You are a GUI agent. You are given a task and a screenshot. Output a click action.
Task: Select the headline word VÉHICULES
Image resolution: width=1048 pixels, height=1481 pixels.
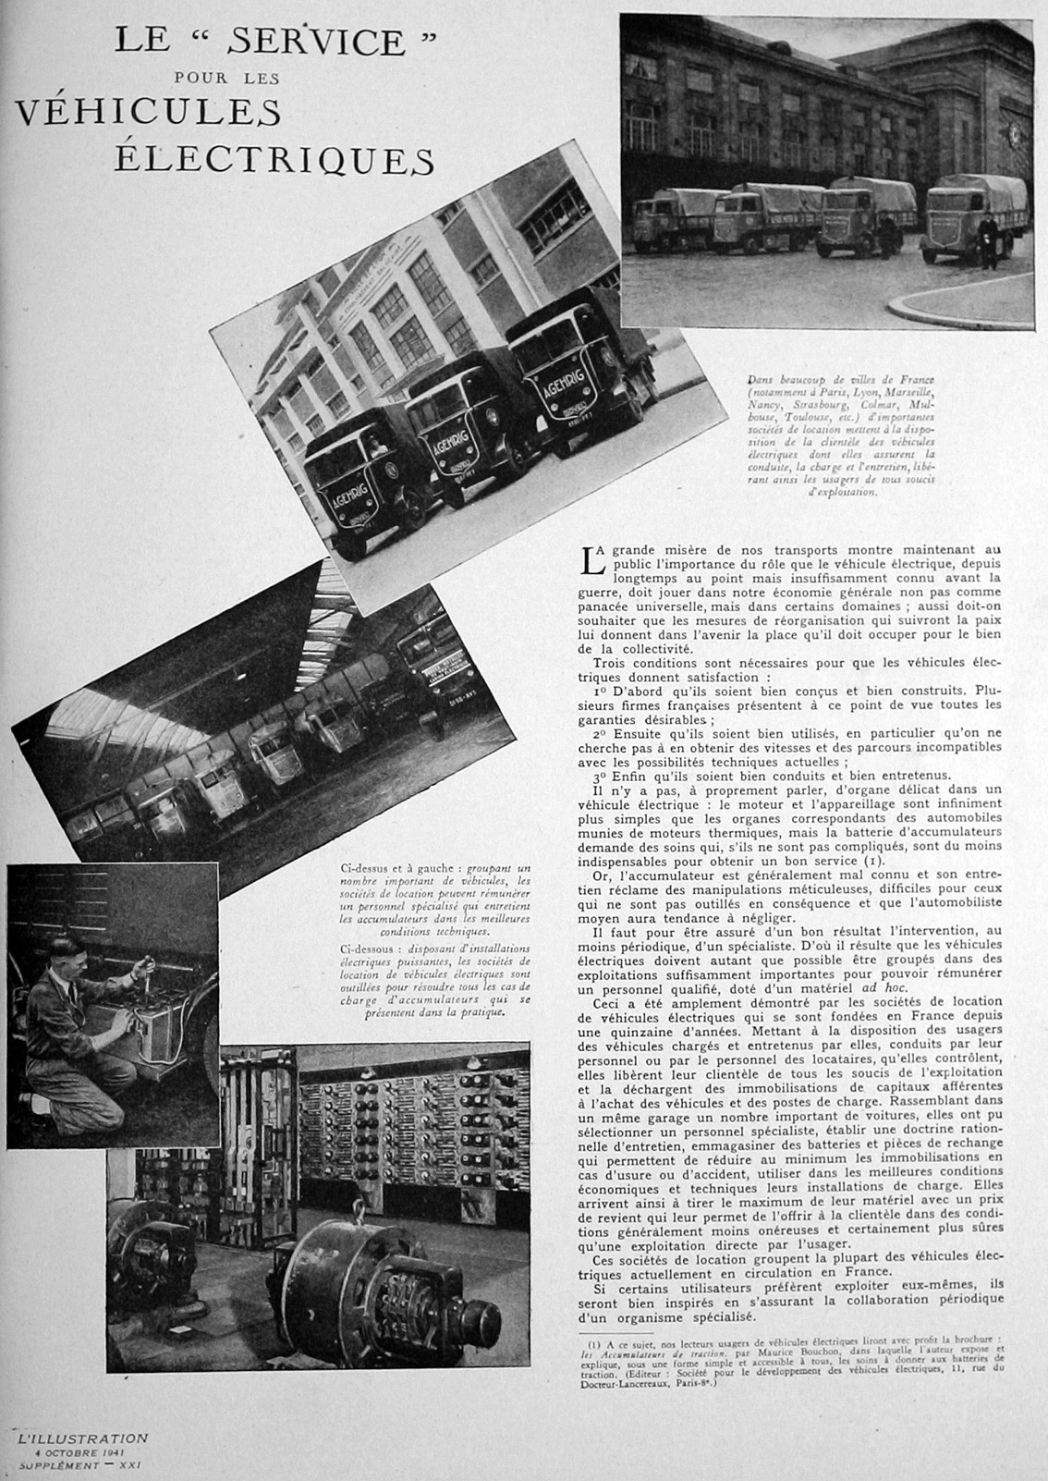tap(148, 112)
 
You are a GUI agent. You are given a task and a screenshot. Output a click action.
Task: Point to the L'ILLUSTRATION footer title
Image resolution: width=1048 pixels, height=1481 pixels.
tap(83, 1438)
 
